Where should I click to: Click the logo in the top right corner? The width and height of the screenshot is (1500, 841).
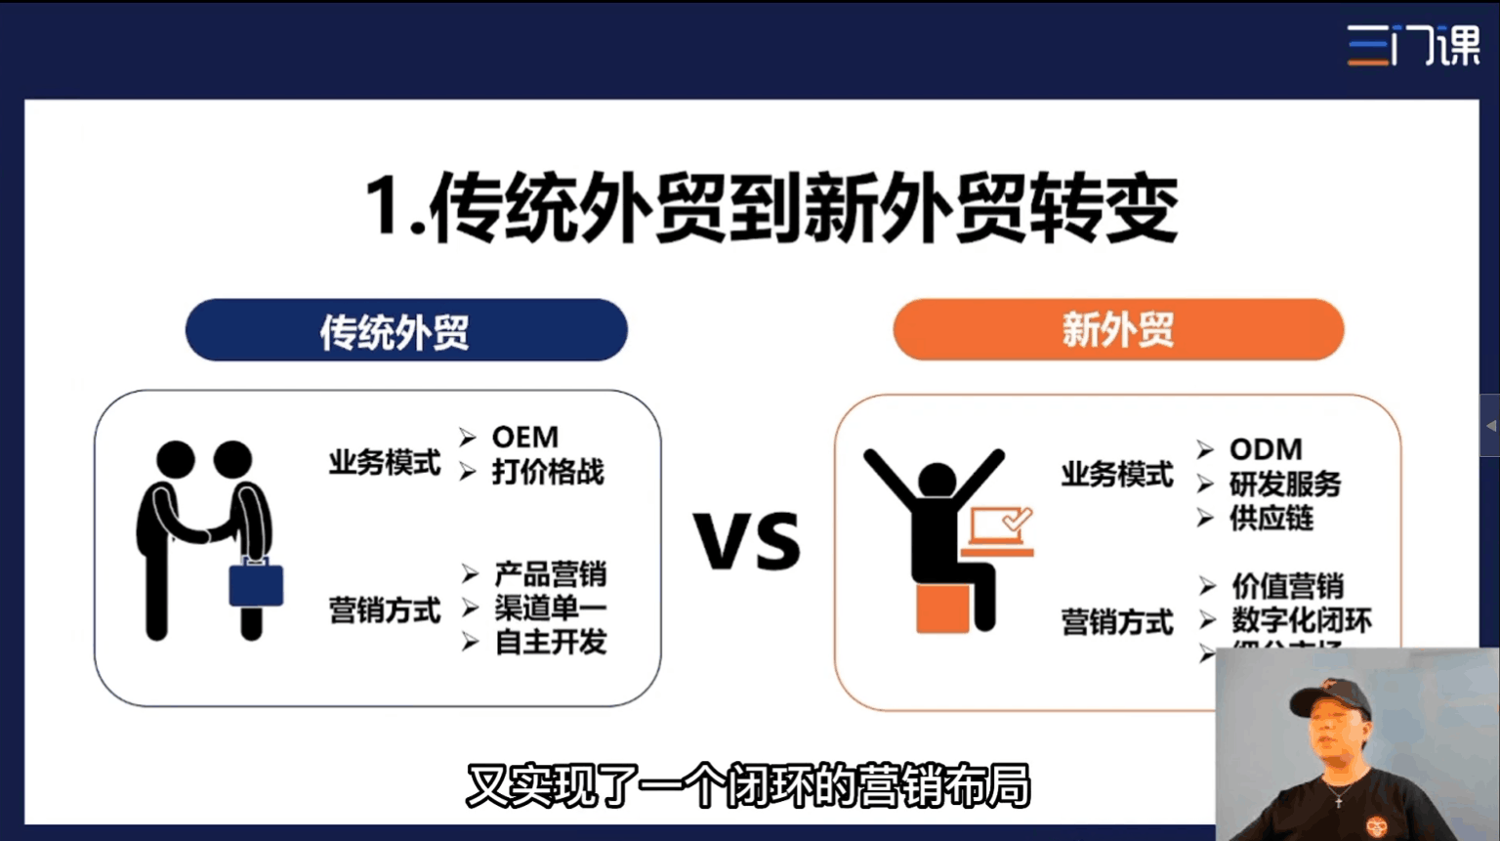tap(1413, 45)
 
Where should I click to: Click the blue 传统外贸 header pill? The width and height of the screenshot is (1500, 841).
tap(405, 330)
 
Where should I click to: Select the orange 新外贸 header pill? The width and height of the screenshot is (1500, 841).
tap(1118, 330)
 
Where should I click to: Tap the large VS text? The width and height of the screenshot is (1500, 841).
tap(748, 542)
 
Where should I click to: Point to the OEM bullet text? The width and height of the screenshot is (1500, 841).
tap(525, 437)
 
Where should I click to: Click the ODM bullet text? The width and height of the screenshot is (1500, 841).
tap(1266, 449)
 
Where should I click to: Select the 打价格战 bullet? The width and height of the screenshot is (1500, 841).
tap(548, 472)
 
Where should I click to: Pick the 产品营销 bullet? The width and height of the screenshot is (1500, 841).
tap(550, 573)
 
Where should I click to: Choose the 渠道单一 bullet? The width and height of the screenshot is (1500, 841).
tap(550, 608)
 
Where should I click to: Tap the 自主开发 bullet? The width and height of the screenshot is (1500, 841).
tap(551, 642)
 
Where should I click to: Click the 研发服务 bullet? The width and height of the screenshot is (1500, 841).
tap(1285, 484)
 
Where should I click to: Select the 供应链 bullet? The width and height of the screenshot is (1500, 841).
tap(1271, 518)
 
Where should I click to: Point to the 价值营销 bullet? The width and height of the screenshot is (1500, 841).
tap(1287, 586)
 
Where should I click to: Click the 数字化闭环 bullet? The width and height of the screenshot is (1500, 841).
tap(1302, 620)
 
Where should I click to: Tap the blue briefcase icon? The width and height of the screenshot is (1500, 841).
tap(256, 584)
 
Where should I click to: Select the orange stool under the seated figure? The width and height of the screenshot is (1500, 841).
tap(941, 608)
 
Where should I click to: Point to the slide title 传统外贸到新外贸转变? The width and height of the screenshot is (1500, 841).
tap(771, 208)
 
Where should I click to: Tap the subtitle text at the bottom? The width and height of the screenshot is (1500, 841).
tap(748, 786)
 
